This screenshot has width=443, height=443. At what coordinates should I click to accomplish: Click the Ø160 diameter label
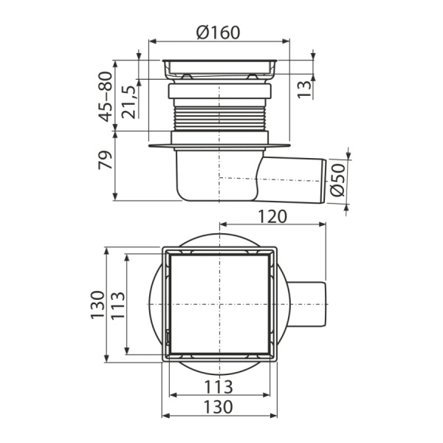click(x=219, y=32)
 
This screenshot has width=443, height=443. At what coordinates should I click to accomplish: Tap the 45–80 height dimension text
click(x=106, y=97)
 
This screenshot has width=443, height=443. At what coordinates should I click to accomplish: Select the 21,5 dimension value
click(x=128, y=102)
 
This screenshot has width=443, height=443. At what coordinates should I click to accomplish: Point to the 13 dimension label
click(x=304, y=89)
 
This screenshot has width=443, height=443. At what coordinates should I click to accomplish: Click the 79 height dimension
click(x=106, y=160)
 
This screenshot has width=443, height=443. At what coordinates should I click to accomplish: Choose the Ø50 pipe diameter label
click(x=337, y=179)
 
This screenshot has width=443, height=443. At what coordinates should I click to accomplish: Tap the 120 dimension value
click(x=272, y=216)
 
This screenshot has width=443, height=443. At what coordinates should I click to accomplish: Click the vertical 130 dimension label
click(x=97, y=304)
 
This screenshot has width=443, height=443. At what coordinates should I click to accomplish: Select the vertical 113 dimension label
click(x=117, y=305)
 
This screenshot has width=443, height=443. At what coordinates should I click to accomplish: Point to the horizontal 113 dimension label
click(x=219, y=387)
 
